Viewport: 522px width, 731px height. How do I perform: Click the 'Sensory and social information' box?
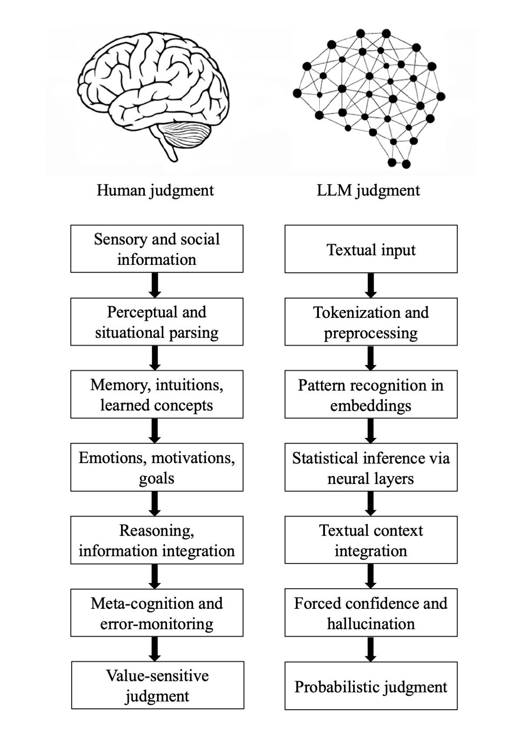coord(157,249)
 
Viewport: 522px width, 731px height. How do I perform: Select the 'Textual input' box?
coord(371,249)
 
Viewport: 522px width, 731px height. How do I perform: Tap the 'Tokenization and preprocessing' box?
coord(371,322)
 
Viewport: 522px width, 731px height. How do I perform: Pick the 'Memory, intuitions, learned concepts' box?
coord(157,394)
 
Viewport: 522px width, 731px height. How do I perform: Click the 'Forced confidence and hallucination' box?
coord(371,613)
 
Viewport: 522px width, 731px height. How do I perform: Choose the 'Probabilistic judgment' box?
coord(371,686)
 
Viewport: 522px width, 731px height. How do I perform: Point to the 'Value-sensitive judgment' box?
coord(157,685)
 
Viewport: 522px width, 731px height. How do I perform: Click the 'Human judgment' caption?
coord(155,190)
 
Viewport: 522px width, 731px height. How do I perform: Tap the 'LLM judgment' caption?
coord(368,190)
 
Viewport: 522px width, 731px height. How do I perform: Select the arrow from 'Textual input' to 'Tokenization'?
coord(371,285)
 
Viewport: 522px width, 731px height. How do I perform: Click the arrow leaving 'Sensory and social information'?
coord(155,285)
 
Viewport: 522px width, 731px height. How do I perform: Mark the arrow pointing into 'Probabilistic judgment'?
coord(371,649)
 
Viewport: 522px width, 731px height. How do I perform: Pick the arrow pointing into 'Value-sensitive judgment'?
coord(155,649)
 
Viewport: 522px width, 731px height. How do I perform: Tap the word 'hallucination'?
coord(371,624)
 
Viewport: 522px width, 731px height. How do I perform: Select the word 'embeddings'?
coord(371,405)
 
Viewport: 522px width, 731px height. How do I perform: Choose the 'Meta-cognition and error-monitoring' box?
coord(157,613)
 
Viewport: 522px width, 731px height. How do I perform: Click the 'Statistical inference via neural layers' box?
coord(371,467)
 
